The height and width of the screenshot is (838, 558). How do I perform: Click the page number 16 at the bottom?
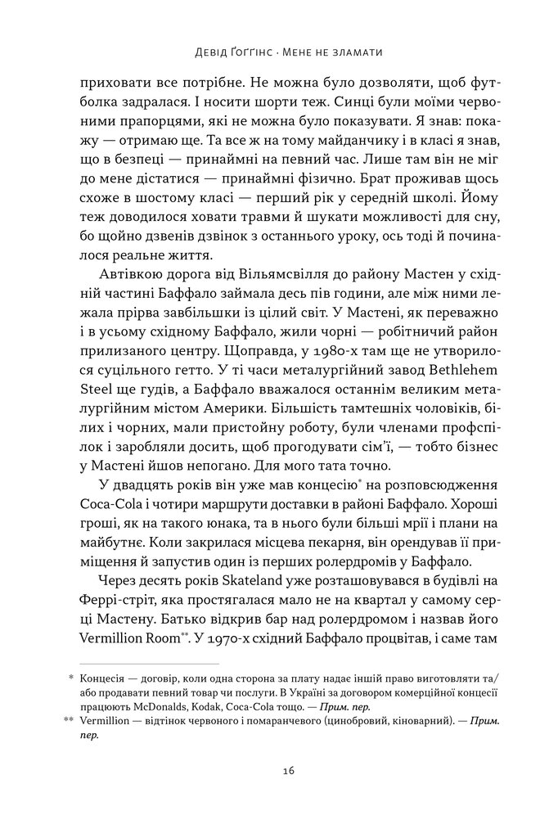279,771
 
